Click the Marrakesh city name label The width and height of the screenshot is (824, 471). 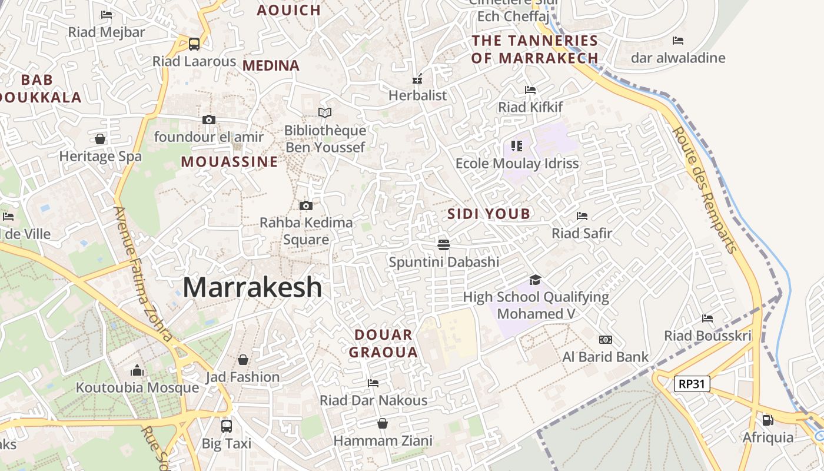coord(252,287)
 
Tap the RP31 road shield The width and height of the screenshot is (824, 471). coord(692,384)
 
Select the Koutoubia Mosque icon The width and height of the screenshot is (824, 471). coord(137,370)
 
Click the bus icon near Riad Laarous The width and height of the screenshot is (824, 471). coord(194,44)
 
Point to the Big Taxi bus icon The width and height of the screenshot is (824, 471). coord(227,426)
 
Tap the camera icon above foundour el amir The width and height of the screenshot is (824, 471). coord(208,120)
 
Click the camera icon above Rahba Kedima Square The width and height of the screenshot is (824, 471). coord(305,205)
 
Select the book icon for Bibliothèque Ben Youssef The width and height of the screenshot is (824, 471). coord(325,112)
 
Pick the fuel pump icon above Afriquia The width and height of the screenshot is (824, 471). coord(767,420)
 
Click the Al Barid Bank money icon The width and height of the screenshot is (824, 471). coord(605,340)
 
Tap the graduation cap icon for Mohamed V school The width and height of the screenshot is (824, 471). coord(535,280)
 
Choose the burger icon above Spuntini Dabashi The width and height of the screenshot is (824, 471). coord(444,244)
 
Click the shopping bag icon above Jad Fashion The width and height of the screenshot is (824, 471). coord(242,359)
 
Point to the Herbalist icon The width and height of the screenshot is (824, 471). coord(417,79)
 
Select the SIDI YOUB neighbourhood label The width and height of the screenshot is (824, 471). coord(489,214)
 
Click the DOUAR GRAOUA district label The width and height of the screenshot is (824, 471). coord(383,344)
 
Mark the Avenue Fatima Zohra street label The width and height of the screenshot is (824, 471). coord(143,274)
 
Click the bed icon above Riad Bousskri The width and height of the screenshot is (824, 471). coord(707,319)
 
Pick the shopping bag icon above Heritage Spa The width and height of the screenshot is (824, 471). coord(100,139)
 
